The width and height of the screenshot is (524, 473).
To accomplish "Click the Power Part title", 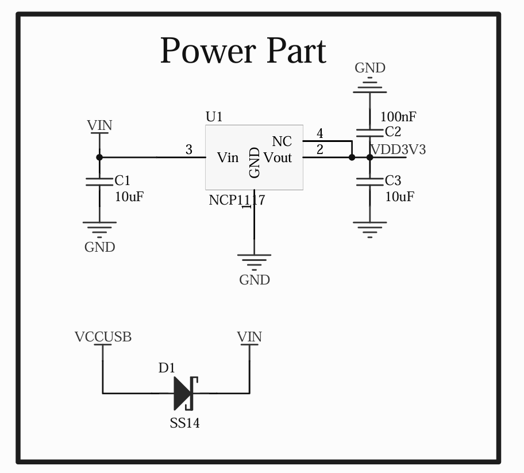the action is [243, 51].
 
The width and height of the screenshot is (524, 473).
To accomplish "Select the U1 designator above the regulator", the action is [214, 117].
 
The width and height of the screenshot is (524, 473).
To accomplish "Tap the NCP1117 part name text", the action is [237, 200].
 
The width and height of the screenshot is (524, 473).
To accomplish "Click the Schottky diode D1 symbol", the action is [186, 393].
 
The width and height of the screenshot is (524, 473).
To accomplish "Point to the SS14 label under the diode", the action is [185, 423].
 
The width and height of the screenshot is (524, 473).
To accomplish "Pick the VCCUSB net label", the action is [103, 337].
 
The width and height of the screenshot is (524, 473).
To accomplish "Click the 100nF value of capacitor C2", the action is [398, 117].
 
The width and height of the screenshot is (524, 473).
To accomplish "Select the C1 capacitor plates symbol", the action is [99, 182].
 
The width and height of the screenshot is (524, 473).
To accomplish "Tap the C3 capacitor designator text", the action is [393, 180].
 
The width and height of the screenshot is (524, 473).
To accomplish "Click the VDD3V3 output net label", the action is [399, 149].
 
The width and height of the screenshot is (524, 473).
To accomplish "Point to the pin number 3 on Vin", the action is [189, 149].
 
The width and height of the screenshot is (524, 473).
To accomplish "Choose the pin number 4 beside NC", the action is [320, 133].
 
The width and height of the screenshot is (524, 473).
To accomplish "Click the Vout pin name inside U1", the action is [278, 157].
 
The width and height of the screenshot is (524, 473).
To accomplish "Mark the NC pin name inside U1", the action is [282, 141].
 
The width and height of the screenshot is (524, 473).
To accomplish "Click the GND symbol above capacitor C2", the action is [370, 85].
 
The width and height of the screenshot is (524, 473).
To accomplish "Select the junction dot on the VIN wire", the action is [99, 157].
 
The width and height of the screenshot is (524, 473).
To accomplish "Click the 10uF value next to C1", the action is [129, 197].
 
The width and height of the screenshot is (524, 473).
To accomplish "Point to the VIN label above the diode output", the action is [249, 337].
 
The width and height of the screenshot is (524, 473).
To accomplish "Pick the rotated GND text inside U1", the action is [255, 163].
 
